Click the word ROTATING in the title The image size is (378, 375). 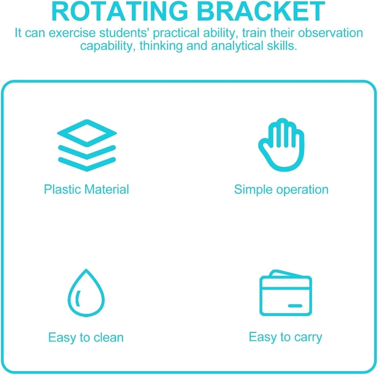coord(119,11)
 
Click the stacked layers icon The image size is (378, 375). coord(87,145)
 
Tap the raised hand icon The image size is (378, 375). coord(281,145)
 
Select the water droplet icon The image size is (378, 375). coord(86,293)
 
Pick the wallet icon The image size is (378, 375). coord(286,293)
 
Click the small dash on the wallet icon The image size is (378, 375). coord(295,306)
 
